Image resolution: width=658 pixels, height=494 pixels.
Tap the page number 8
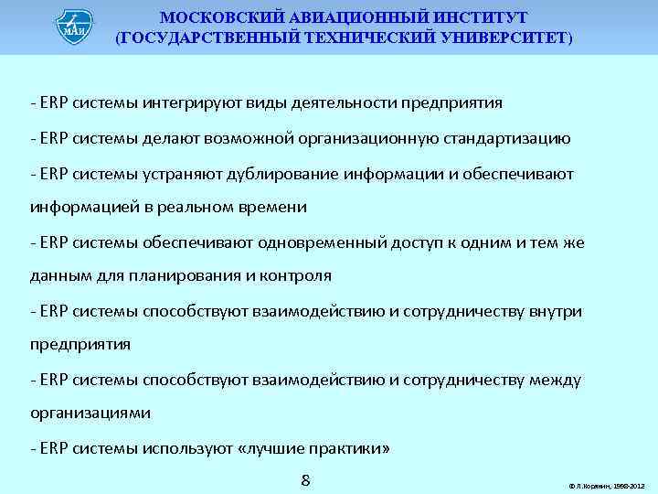[x=307, y=479]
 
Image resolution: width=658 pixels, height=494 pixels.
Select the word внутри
[x=557, y=312]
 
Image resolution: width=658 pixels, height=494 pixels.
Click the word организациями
[x=90, y=413]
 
